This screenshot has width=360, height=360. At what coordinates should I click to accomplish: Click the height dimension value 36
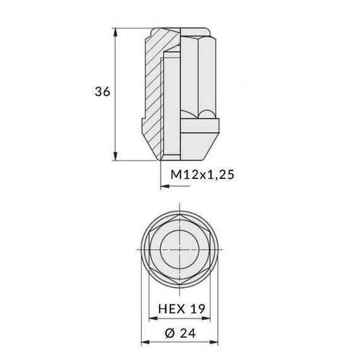coord(102,92)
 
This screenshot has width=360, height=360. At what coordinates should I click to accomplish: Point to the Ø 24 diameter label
coord(181,333)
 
